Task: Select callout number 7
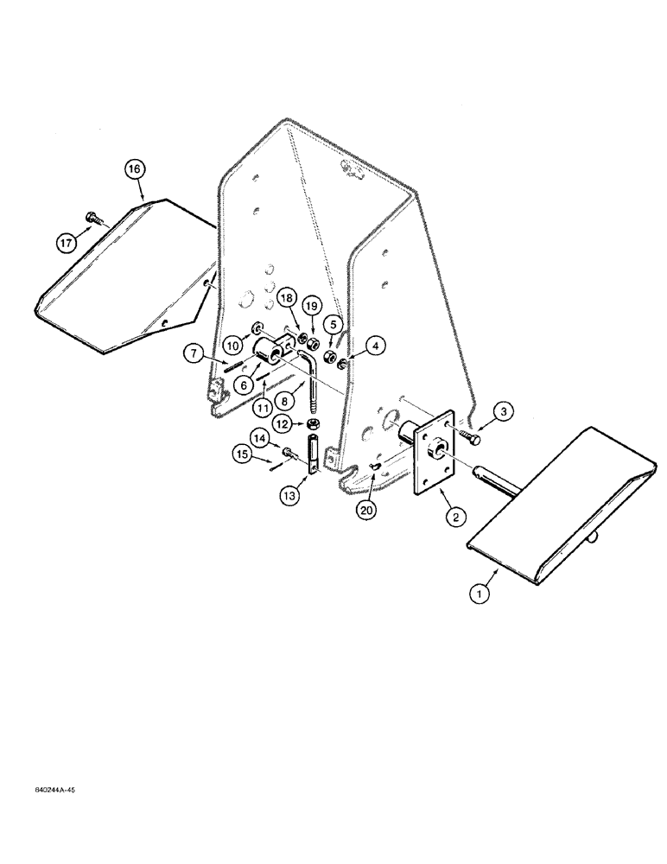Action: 193,353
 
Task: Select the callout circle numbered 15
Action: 243,454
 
